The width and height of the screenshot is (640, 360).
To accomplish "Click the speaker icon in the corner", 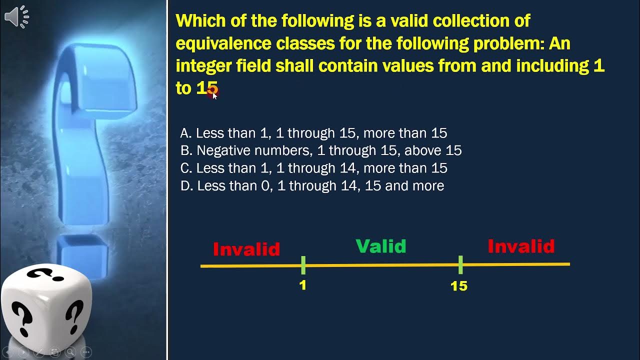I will pyautogui.click(x=16, y=17).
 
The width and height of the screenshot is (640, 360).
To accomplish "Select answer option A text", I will pyautogui.click(x=313, y=133).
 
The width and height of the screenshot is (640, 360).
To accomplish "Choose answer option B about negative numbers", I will pyautogui.click(x=320, y=150).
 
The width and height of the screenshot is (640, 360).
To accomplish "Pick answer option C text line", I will pyautogui.click(x=313, y=168).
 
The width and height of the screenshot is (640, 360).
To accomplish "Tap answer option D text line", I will pyautogui.click(x=312, y=186).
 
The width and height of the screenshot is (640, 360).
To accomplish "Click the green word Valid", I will pyautogui.click(x=381, y=246).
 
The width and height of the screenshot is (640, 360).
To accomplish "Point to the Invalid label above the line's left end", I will pyautogui.click(x=246, y=249).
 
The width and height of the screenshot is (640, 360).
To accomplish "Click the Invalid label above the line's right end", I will pyautogui.click(x=521, y=246).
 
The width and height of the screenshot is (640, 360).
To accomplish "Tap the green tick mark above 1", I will pyautogui.click(x=303, y=265).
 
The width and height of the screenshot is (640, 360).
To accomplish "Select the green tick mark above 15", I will pyautogui.click(x=460, y=264).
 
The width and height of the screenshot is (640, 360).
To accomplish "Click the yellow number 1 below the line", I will pyautogui.click(x=303, y=285).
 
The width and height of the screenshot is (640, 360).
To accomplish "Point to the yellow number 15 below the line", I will pyautogui.click(x=459, y=286).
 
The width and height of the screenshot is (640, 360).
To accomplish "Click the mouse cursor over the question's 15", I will pyautogui.click(x=214, y=94).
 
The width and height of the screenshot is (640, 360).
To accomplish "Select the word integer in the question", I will pyautogui.click(x=202, y=66).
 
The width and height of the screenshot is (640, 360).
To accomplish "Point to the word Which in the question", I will pyautogui.click(x=200, y=21).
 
